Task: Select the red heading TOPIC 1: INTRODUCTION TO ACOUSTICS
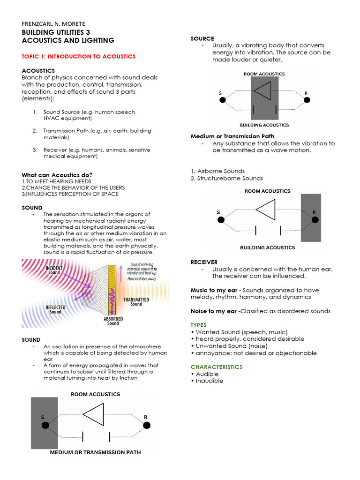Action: click(x=79, y=56)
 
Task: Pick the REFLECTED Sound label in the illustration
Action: click(x=55, y=309)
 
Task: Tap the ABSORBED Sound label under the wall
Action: click(x=113, y=321)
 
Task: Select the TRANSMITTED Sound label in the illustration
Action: click(x=136, y=301)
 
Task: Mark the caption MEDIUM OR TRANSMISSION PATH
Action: click(x=95, y=452)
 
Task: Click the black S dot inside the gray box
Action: click(x=45, y=425)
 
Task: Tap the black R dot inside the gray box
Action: click(x=315, y=219)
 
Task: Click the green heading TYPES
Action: click(x=199, y=324)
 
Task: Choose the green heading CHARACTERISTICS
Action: click(x=216, y=367)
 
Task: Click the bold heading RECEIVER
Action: click(x=204, y=262)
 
